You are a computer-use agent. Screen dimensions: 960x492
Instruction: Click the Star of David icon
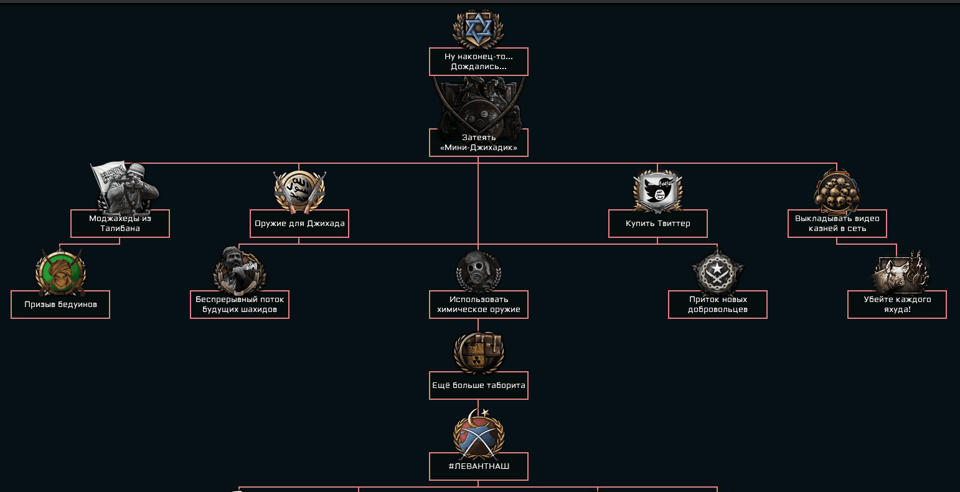tap(478, 29)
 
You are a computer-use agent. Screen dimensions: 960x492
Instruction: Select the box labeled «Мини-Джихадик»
tap(478, 143)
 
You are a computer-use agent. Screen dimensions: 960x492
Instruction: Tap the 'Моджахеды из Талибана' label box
tap(120, 224)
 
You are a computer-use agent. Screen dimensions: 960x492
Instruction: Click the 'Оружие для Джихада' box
tap(299, 224)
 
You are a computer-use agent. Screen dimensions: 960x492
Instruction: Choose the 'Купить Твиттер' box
tap(658, 224)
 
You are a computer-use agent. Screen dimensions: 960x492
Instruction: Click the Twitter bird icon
tap(658, 191)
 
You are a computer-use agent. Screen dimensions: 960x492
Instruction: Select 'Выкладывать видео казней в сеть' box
tap(837, 224)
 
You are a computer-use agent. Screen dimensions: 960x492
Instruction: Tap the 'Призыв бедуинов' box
tap(60, 305)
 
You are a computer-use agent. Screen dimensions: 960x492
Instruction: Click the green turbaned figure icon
tap(60, 272)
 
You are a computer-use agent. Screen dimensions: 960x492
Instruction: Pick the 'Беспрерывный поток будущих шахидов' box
tap(240, 305)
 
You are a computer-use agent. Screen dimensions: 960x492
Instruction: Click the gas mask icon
tap(478, 272)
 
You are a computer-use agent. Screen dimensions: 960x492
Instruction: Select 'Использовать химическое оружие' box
tap(478, 305)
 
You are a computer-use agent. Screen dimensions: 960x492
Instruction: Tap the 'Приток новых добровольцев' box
tap(717, 305)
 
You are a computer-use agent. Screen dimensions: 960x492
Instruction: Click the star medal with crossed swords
tap(717, 272)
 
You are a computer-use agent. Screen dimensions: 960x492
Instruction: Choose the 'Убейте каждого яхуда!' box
tap(897, 305)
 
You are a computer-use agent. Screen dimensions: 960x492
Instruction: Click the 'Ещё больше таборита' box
tap(478, 386)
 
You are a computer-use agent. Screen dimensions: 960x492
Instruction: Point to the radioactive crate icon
tap(478, 352)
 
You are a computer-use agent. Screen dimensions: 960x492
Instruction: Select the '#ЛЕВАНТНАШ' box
tap(478, 466)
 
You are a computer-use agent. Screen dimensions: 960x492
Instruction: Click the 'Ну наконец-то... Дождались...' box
tap(478, 62)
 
